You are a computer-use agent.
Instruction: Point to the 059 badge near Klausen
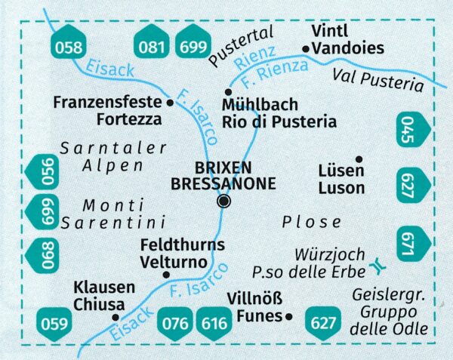pyautogui.click(x=54, y=327)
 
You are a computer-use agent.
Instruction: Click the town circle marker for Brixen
pyautogui.click(x=224, y=201)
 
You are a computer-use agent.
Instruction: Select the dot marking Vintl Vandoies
pyautogui.click(x=305, y=49)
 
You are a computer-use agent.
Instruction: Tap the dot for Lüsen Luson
pyautogui.click(x=359, y=158)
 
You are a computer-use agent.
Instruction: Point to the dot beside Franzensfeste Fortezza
pyautogui.click(x=169, y=102)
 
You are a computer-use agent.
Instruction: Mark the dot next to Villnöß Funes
pyautogui.click(x=288, y=318)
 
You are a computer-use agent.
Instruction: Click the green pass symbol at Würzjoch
pyautogui.click(x=377, y=266)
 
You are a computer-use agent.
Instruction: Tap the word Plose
pyautogui.click(x=311, y=222)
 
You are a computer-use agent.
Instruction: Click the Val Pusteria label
pyautogui.click(x=377, y=78)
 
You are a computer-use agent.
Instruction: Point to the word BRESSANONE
pyautogui.click(x=224, y=183)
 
